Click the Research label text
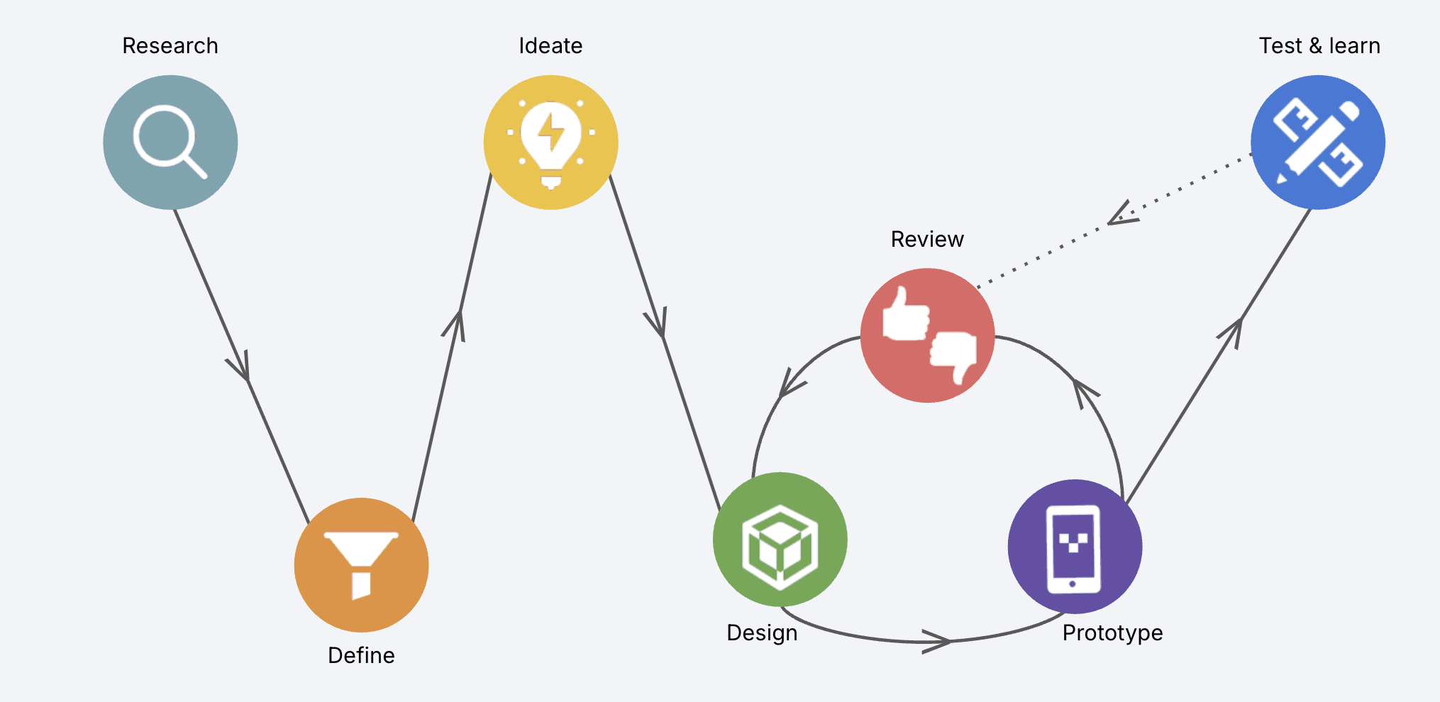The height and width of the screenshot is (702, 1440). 170,46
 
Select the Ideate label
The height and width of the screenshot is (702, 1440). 550,46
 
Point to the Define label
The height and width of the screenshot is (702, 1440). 361,655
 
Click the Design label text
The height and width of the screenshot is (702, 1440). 762,633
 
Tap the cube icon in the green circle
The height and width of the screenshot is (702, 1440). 780,547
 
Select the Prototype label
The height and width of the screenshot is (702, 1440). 1112,633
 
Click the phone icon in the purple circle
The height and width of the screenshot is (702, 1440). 1074,548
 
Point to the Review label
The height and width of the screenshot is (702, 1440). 927,240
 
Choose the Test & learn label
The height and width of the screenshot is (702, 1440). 1319,46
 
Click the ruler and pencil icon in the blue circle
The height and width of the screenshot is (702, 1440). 1317,142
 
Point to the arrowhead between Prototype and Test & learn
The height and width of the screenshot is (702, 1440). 1234,330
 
